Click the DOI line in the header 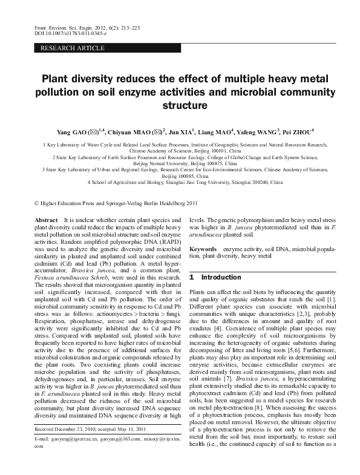64,35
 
